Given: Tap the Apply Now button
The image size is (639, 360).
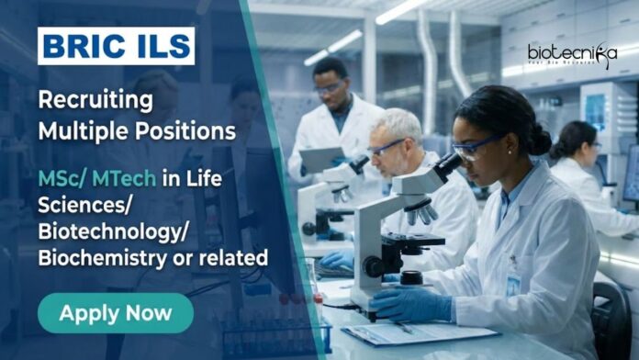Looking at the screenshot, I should [x=116, y=313].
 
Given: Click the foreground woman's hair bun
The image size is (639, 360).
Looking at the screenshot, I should [x=538, y=138].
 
